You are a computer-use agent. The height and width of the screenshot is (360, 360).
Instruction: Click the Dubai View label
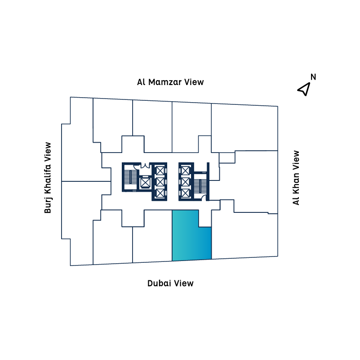click(x=170, y=283)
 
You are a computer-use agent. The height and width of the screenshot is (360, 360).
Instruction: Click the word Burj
click(x=48, y=205)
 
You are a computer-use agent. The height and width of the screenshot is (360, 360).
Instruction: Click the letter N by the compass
click(x=313, y=76)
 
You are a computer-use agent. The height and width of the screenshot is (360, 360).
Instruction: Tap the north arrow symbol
click(x=304, y=89)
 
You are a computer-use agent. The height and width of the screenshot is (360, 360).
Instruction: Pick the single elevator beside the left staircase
click(x=145, y=183)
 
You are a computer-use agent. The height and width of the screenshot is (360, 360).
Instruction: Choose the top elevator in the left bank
click(x=160, y=171)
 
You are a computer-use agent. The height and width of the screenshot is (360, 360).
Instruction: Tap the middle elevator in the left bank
click(x=160, y=182)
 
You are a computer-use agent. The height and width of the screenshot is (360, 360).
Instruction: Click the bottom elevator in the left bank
click(x=160, y=193)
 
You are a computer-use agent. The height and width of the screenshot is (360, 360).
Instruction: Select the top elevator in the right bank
click(x=186, y=171)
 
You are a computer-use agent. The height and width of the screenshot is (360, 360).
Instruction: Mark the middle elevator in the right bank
click(x=186, y=182)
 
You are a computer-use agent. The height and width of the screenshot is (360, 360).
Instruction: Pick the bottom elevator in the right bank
click(x=186, y=193)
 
